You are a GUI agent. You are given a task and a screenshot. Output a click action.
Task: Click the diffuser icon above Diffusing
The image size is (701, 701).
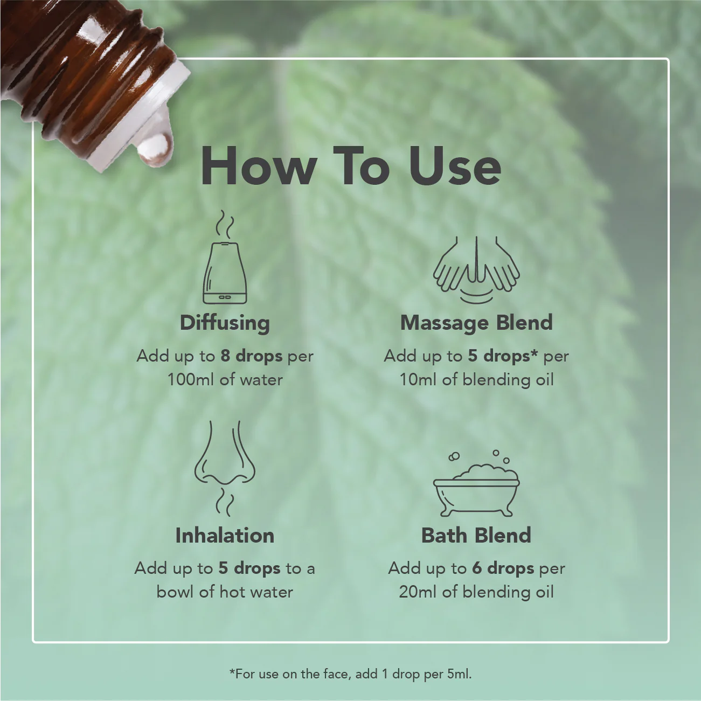pos(225,274)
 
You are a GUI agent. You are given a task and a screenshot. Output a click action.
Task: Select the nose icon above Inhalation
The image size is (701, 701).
pos(225,455)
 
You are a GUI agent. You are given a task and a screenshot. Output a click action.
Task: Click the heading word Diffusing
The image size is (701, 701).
pos(225,323)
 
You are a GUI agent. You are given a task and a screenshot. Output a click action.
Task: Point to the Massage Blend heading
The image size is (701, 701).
pos(476,323)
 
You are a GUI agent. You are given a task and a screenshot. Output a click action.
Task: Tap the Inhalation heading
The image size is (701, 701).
pos(225,536)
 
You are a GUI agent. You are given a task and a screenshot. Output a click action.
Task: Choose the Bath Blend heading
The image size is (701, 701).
pos(476,536)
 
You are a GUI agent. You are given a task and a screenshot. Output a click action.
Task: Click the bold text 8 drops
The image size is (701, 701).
pos(251,356)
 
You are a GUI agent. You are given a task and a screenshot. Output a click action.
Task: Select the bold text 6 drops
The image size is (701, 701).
pos(503,568)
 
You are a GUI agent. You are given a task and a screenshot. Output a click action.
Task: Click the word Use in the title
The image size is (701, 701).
pos(454,166)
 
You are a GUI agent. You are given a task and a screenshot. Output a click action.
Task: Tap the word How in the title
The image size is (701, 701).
pos(258,166)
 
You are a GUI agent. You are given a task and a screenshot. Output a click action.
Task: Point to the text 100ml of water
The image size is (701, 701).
pos(225,380)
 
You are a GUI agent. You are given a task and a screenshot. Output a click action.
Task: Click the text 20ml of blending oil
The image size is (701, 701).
pos(476,592)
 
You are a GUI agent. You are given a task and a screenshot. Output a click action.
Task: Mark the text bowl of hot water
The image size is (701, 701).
pos(225,592)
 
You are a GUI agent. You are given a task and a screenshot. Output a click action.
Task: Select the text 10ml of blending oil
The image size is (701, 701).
pos(476,380)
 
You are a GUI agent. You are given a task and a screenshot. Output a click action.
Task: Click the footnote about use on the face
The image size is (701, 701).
pos(350,674)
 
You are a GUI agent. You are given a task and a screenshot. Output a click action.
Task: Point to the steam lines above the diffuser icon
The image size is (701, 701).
pos(226,225)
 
